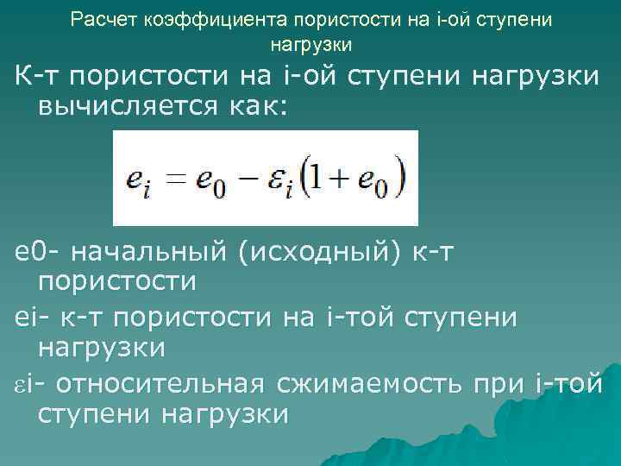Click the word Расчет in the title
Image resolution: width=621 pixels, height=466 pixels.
coord(99,18)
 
